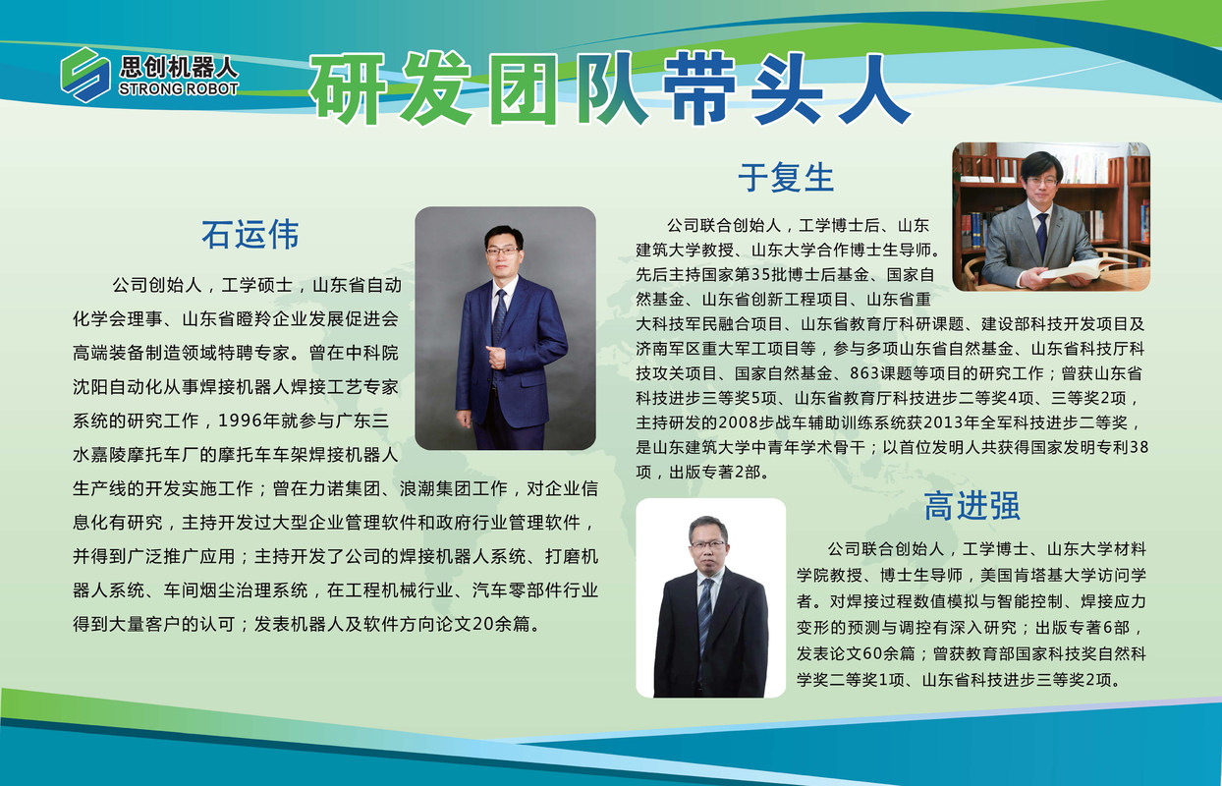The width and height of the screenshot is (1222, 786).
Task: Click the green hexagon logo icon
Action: tap(85, 75)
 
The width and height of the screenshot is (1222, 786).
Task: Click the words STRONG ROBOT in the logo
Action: tap(179, 88)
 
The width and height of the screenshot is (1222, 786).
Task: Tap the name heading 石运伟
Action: tap(250, 235)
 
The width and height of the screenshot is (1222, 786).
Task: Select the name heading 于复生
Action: tap(786, 178)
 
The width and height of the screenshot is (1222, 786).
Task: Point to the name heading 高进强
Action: tap(972, 506)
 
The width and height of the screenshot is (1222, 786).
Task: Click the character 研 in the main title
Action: tap(349, 87)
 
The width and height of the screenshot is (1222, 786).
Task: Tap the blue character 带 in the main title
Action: tap(700, 87)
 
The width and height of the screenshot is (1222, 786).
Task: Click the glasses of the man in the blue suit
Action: tap(502, 252)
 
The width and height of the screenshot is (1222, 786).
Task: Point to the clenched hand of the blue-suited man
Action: tap(497, 357)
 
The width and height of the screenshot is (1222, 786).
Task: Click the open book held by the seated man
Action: tap(1083, 268)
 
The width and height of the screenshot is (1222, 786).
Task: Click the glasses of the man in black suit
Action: tap(708, 544)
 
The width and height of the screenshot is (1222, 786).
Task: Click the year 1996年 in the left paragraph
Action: tap(250, 421)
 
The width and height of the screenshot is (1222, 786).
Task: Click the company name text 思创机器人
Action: tap(179, 67)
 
